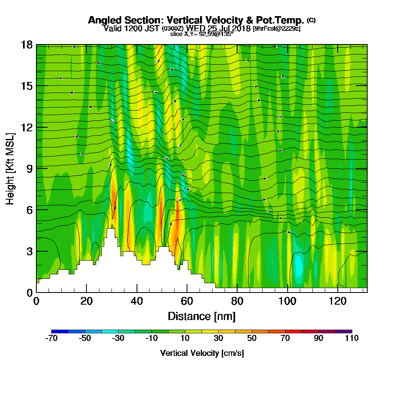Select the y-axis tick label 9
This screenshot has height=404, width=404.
point(29,168)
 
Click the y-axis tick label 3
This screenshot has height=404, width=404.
point(29,251)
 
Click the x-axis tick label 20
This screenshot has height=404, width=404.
point(86,301)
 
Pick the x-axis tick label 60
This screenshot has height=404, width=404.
point(187,301)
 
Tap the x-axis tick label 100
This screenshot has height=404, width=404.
point(287,301)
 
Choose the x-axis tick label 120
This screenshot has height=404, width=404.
point(337,301)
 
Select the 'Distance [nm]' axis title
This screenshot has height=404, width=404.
point(202,316)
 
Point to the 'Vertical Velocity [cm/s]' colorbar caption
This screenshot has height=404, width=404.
point(202,353)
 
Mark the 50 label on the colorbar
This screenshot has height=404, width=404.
point(252,339)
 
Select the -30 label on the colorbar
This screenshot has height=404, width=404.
point(118,339)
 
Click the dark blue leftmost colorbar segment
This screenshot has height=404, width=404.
point(60,332)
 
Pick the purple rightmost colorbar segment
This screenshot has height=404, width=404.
point(344,332)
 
